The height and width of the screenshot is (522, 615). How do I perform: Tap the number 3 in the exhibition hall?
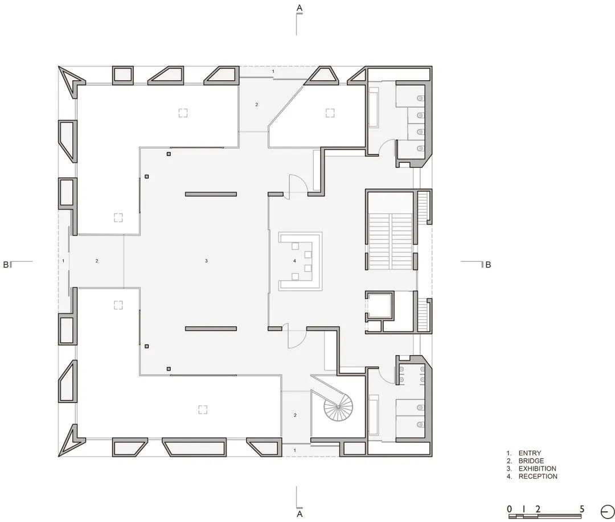(206, 261)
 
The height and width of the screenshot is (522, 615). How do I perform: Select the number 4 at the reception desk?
(294, 261)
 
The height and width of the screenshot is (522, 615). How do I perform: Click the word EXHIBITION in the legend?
(537, 468)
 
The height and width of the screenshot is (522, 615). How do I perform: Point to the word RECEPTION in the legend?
(538, 476)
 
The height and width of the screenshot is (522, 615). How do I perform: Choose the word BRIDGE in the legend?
(531, 461)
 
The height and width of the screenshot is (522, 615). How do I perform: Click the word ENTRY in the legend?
(530, 453)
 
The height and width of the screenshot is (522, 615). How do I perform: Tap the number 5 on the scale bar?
(582, 509)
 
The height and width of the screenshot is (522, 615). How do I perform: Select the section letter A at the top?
(299, 7)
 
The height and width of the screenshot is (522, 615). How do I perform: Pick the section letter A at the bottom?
(299, 514)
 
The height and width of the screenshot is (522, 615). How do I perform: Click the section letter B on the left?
(6, 264)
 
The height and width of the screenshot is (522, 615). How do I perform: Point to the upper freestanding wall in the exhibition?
(211, 194)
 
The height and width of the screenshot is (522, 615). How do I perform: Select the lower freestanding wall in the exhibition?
(211, 328)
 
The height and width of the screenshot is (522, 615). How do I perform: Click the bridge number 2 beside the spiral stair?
(295, 416)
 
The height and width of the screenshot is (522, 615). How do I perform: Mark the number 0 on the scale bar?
(510, 509)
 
